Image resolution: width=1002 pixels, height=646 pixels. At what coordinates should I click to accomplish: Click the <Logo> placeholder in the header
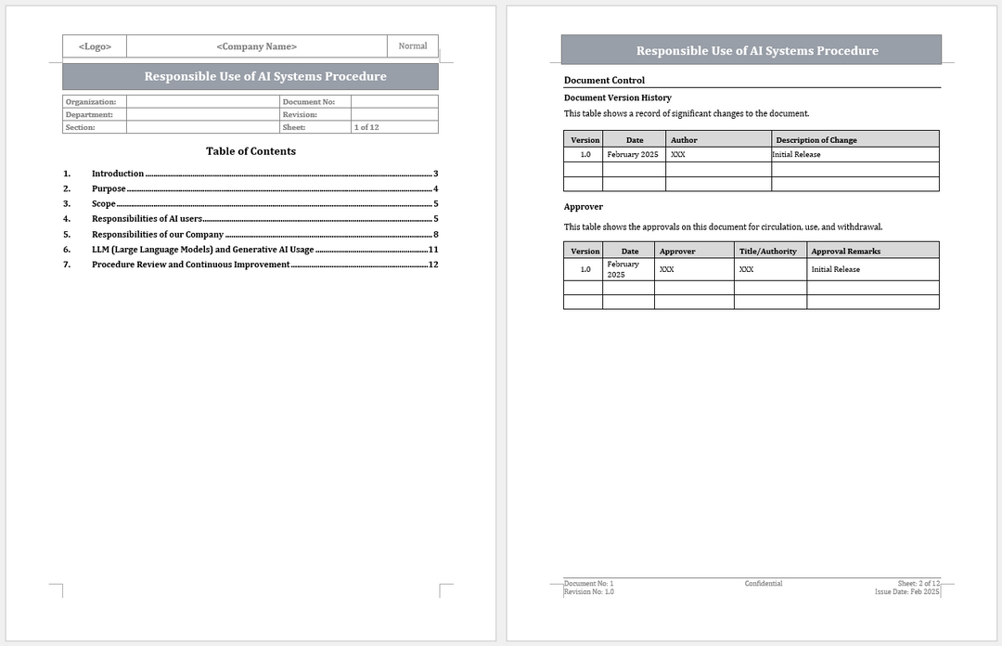(x=95, y=46)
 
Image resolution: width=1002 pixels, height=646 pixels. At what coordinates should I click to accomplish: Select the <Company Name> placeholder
(x=256, y=46)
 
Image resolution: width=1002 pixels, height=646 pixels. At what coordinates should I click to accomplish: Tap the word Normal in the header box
(x=413, y=45)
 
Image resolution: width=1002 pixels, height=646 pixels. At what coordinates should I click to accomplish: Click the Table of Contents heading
(x=250, y=151)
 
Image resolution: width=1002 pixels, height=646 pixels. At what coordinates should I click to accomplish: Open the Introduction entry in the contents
(x=118, y=174)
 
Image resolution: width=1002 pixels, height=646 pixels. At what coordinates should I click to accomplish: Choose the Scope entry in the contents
(x=104, y=203)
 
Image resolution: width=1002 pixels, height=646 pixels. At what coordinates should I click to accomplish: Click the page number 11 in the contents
(x=433, y=250)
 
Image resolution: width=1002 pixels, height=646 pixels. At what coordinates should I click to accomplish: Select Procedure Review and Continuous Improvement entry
(x=191, y=265)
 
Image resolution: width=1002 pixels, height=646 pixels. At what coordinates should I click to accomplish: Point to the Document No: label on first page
(x=309, y=102)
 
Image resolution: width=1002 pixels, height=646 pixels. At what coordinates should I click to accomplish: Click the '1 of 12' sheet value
(x=366, y=127)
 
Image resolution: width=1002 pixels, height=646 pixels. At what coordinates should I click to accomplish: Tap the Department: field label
(x=89, y=115)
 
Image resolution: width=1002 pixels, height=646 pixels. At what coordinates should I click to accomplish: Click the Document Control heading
(x=604, y=81)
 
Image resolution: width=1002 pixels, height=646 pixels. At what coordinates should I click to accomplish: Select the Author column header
(x=684, y=140)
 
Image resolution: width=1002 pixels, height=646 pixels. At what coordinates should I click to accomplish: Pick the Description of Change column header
(x=816, y=140)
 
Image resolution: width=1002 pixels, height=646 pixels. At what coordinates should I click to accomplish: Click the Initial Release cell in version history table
(x=797, y=155)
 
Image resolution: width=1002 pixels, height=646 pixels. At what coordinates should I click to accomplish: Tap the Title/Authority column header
(x=767, y=252)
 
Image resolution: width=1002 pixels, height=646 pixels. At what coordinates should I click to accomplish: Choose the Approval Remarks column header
(x=845, y=252)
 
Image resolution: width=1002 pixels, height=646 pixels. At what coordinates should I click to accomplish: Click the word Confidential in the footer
(x=763, y=584)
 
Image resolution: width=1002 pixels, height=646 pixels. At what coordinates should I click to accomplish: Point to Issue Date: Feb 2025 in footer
(x=906, y=591)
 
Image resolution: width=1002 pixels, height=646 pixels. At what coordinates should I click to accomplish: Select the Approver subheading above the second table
(x=584, y=207)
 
